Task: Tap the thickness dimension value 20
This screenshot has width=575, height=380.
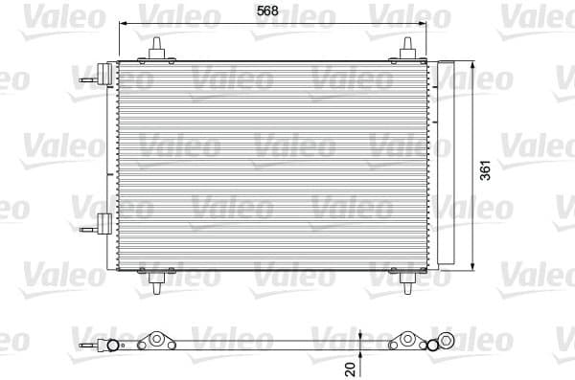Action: [351, 367]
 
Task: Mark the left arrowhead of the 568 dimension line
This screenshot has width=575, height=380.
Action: [121, 27]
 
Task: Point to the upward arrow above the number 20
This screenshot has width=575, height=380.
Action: [359, 337]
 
